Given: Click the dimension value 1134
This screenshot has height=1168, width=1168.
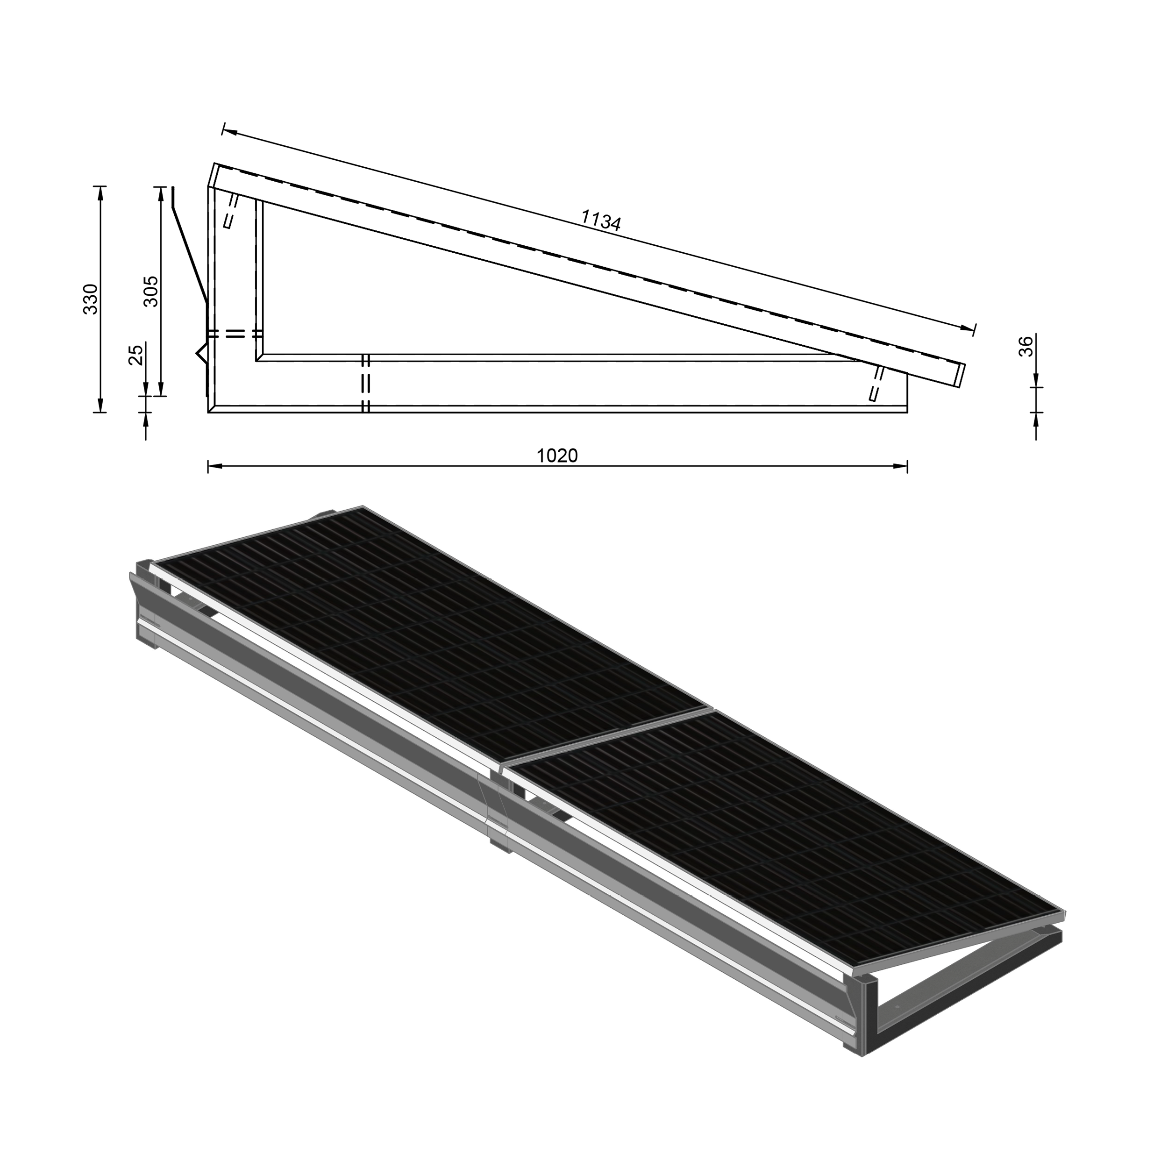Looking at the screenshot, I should click(600, 221).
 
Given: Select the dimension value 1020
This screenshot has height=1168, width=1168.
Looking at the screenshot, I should click(557, 455).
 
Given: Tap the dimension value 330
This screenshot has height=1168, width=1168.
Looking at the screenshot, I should click(91, 299).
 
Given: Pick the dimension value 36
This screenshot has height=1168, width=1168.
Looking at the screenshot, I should click(1026, 346).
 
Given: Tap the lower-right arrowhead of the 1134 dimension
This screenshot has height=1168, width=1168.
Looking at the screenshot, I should click(969, 328).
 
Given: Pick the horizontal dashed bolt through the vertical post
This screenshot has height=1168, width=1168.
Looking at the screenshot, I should click(235, 333).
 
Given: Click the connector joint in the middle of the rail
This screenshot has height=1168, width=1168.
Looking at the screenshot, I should click(498, 813).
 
